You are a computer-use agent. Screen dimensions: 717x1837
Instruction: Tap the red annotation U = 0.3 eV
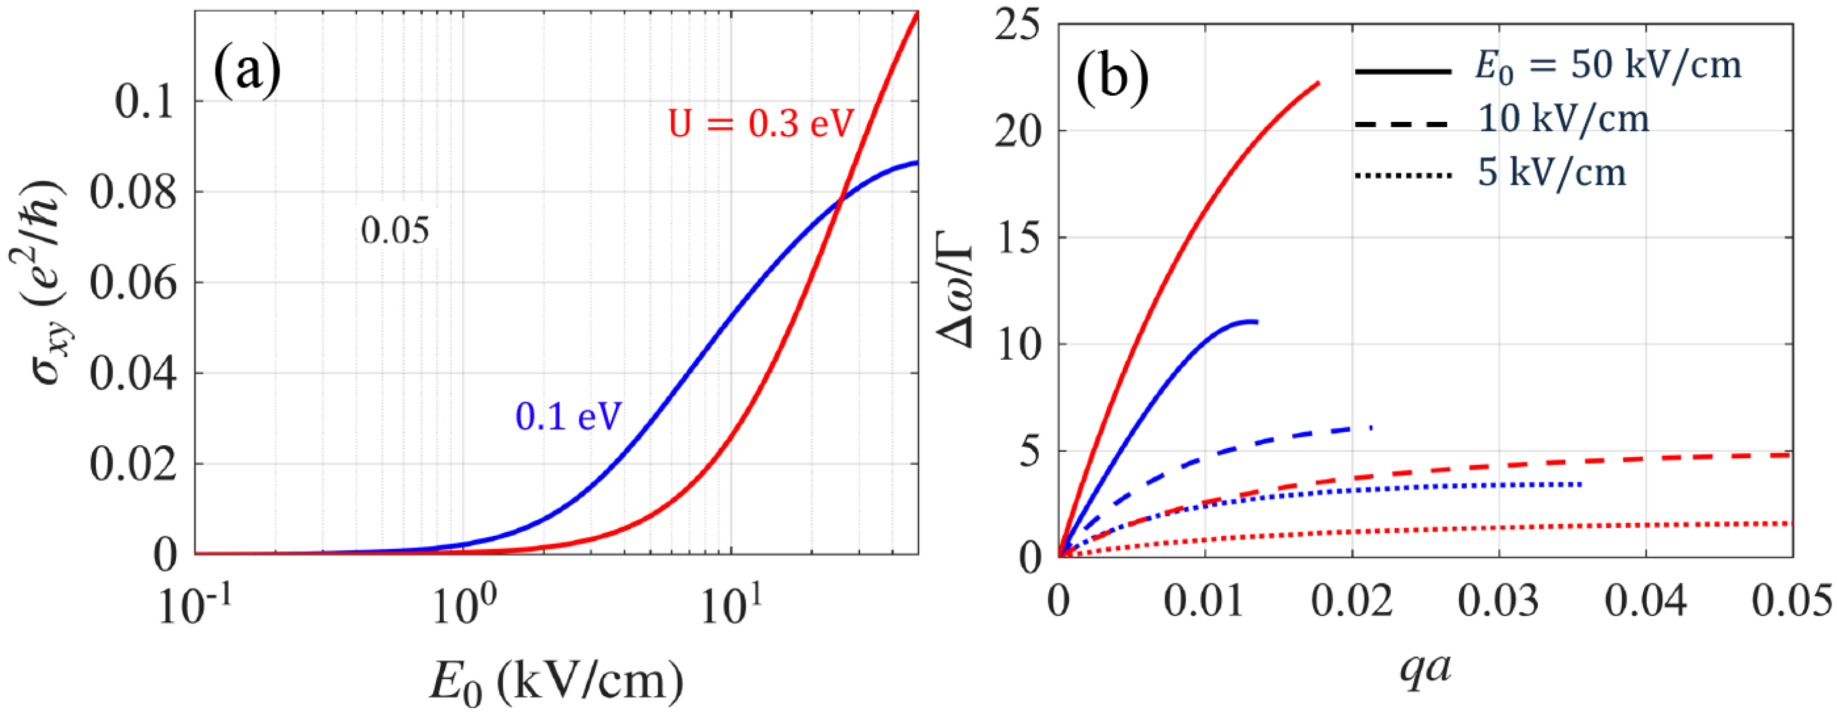(x=761, y=123)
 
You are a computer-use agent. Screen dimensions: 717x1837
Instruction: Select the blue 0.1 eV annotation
(x=568, y=417)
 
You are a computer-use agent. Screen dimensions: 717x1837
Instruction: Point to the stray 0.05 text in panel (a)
(x=395, y=231)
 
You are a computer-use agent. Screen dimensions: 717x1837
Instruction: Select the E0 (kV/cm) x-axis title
(x=557, y=681)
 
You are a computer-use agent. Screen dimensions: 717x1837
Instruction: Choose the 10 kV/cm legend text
(x=1563, y=119)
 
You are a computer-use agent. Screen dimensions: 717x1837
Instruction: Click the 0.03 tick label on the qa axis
(x=1498, y=601)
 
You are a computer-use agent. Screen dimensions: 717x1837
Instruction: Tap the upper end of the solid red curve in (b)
(x=1318, y=83)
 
